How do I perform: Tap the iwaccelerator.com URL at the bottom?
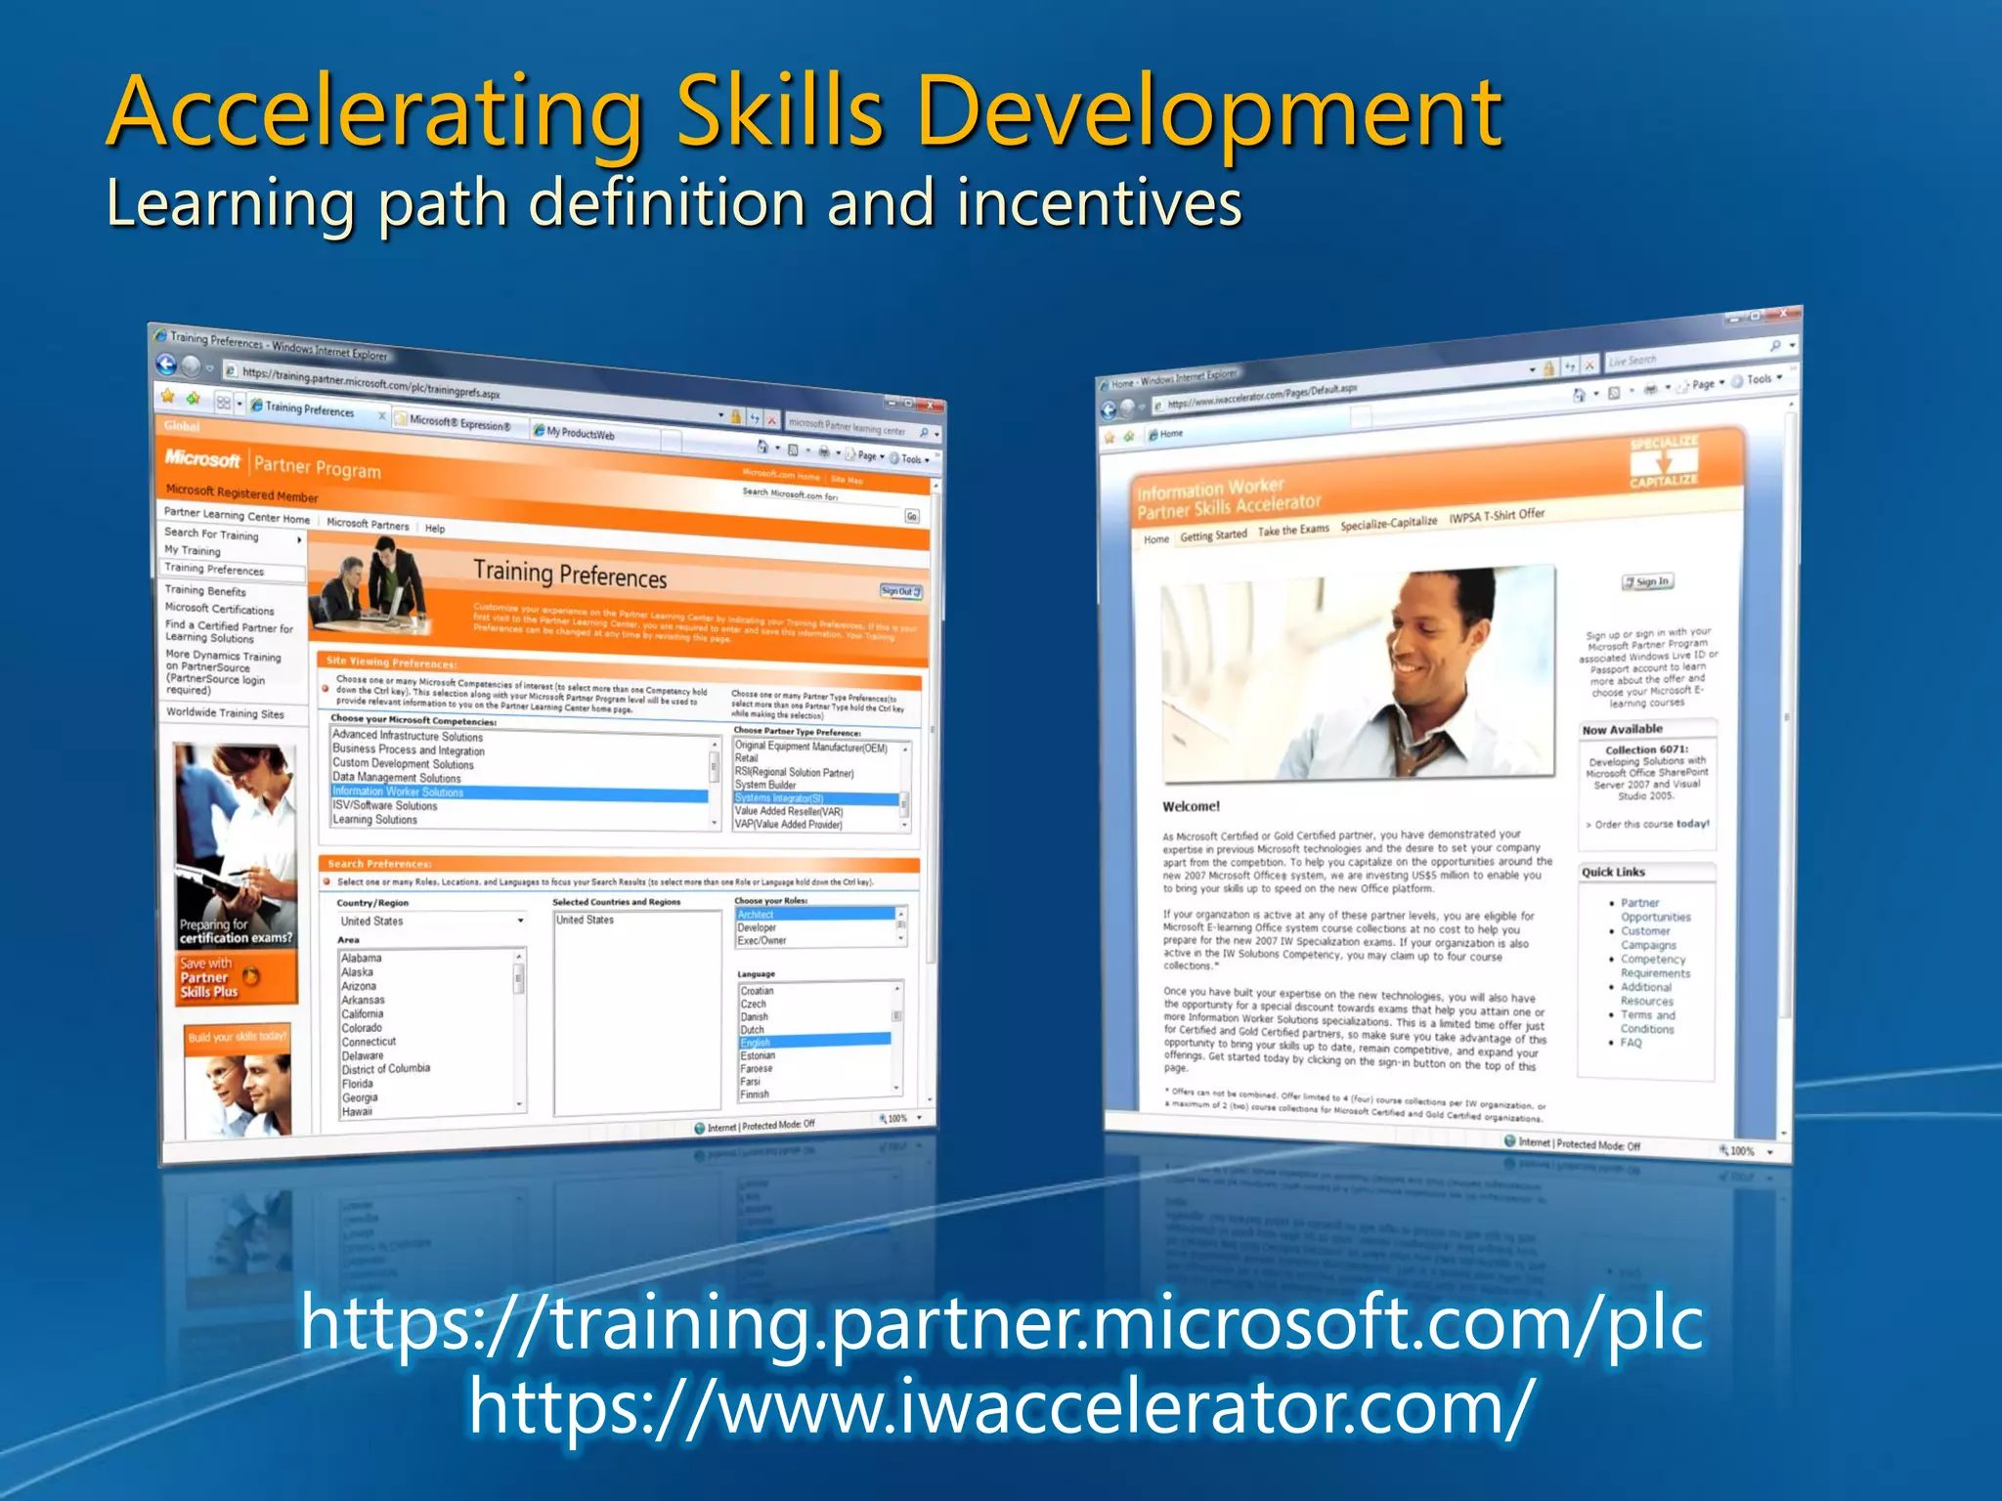point(1000,1406)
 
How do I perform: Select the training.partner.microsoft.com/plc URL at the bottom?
point(1001,1321)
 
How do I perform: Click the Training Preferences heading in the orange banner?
point(570,575)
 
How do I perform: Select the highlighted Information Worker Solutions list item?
point(398,792)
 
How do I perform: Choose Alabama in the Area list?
point(362,958)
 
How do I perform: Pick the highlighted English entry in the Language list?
point(756,1043)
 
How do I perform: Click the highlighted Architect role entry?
point(756,915)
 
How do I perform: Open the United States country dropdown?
point(520,921)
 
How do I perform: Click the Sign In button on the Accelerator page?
point(1647,581)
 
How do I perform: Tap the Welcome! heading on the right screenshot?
point(1191,806)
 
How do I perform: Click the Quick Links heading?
point(1613,872)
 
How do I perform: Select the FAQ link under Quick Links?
point(1631,1043)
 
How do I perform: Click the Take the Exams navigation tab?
point(1292,530)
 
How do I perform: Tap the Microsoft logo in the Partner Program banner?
point(202,458)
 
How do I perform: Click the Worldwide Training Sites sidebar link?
point(225,713)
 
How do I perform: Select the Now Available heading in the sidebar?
point(1622,729)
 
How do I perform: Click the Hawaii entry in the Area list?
point(357,1111)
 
